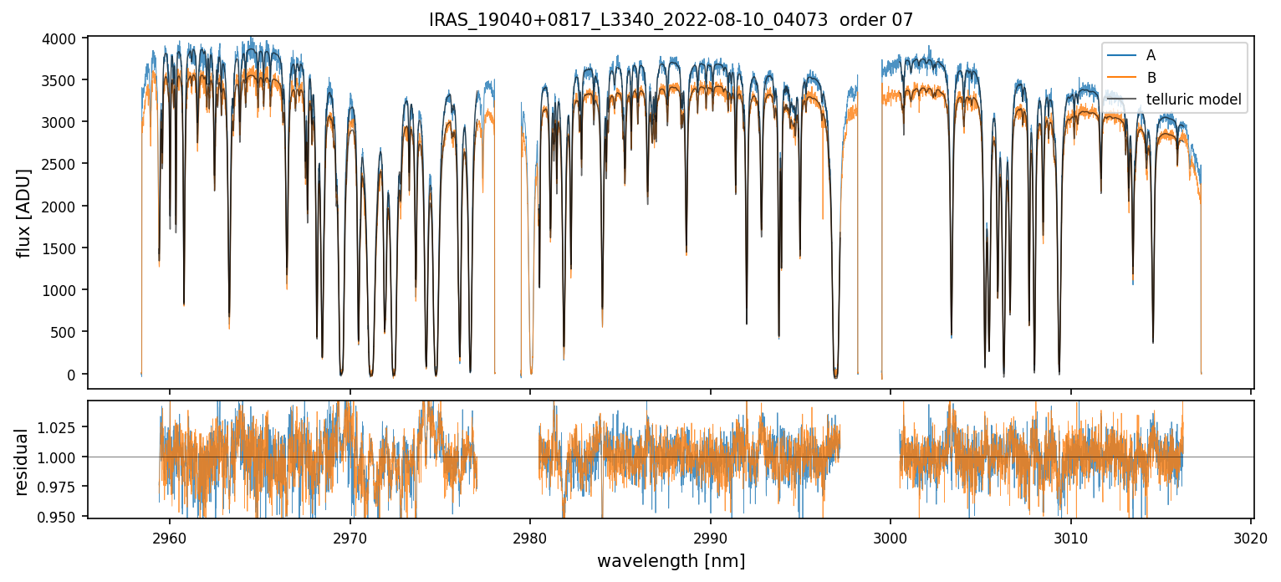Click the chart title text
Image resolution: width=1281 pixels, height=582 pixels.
[x=671, y=20]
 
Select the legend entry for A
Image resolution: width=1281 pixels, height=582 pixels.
[x=1151, y=55]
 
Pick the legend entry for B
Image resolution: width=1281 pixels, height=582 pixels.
[x=1151, y=78]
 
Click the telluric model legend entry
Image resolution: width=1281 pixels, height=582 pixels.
[x=1193, y=100]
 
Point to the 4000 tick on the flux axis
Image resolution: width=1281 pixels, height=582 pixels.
[x=64, y=38]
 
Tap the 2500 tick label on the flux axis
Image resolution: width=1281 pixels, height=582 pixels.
[x=64, y=164]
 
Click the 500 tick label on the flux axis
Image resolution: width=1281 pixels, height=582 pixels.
[x=68, y=332]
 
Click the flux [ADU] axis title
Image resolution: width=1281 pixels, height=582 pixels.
[x=25, y=212]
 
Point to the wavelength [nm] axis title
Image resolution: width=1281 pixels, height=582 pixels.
[x=671, y=561]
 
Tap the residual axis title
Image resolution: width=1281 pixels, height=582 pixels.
[x=22, y=462]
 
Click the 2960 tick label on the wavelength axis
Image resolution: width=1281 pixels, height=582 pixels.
[x=170, y=536]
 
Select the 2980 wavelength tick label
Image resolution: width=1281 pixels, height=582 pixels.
[x=530, y=536]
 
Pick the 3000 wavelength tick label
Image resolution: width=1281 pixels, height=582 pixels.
[x=891, y=536]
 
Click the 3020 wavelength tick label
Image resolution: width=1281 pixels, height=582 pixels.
[x=1251, y=536]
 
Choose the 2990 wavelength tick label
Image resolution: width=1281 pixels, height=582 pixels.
[x=711, y=536]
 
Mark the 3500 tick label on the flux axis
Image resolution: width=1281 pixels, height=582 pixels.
[x=64, y=80]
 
